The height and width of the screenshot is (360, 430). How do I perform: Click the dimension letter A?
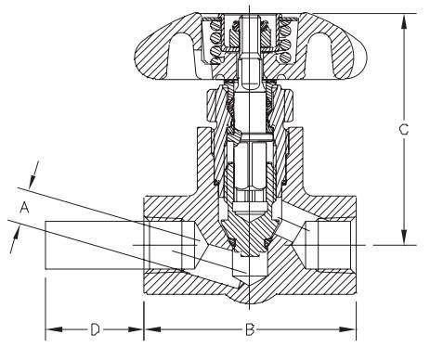coord(24,207)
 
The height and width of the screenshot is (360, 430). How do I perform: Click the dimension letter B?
coord(250,329)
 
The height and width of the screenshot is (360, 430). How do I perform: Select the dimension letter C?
coord(404,130)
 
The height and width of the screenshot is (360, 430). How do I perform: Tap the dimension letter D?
coord(95,329)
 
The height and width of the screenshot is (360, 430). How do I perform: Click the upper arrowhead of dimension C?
coord(404,22)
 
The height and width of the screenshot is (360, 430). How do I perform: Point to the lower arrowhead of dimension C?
coord(404,238)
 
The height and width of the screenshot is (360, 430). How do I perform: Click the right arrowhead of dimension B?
coord(347,329)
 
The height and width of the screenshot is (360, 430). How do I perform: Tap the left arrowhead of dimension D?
coord(54,329)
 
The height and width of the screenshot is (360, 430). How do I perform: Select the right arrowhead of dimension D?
coord(135,329)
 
